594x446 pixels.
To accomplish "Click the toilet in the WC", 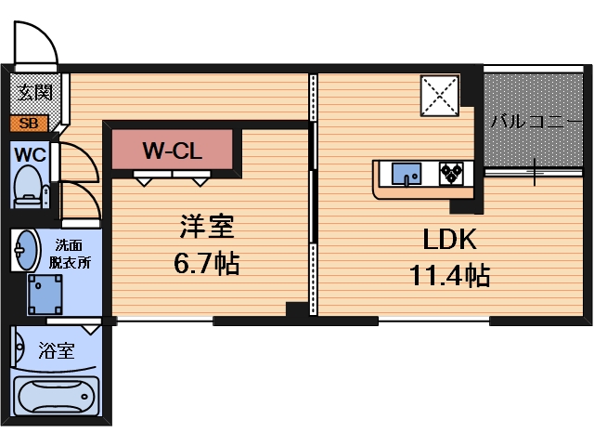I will pyautogui.click(x=28, y=185).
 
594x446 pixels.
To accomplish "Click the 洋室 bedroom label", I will pyautogui.click(x=206, y=227).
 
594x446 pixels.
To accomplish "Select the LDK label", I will pyautogui.click(x=450, y=240).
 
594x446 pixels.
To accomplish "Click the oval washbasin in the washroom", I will pyautogui.click(x=25, y=250).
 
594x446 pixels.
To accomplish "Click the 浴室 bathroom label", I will pyautogui.click(x=57, y=351).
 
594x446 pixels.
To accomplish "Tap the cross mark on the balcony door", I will pyautogui.click(x=536, y=170).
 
